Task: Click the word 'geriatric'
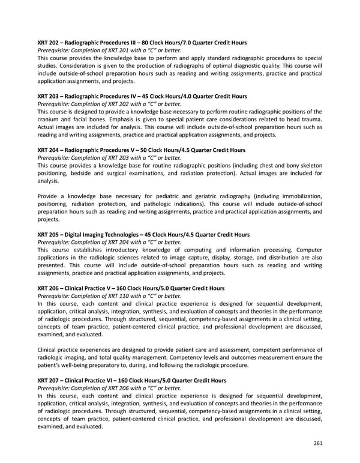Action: click(x=211, y=196)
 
